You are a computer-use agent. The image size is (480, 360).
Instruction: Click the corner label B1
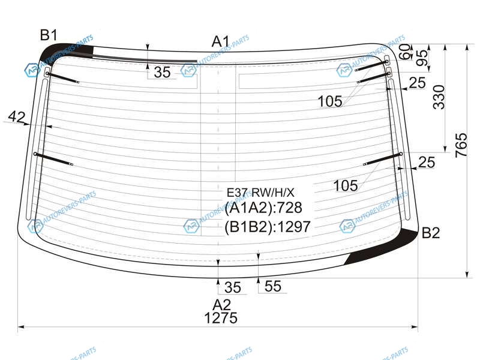49,35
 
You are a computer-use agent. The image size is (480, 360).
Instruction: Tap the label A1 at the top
220,41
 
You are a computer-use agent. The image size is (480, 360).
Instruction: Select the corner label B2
431,233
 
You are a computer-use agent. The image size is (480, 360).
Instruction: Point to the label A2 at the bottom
221,305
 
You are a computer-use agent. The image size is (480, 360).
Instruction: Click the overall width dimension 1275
221,318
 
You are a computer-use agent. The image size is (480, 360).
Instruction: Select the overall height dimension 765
461,145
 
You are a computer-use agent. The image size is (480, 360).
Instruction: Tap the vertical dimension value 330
439,97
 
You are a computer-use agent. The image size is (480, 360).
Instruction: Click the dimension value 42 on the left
17,116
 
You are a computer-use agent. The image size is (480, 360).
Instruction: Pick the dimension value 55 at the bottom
273,286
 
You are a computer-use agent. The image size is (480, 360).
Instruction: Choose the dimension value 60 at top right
404,52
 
